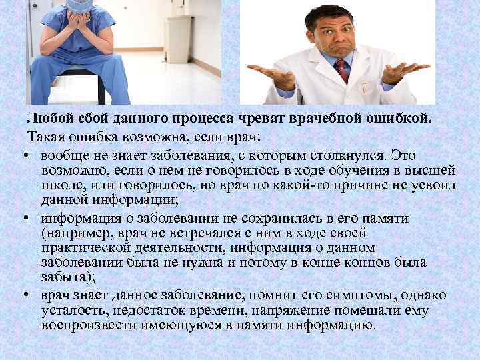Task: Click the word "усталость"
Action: pos(69,310)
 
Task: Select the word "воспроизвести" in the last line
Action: pos(84,325)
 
